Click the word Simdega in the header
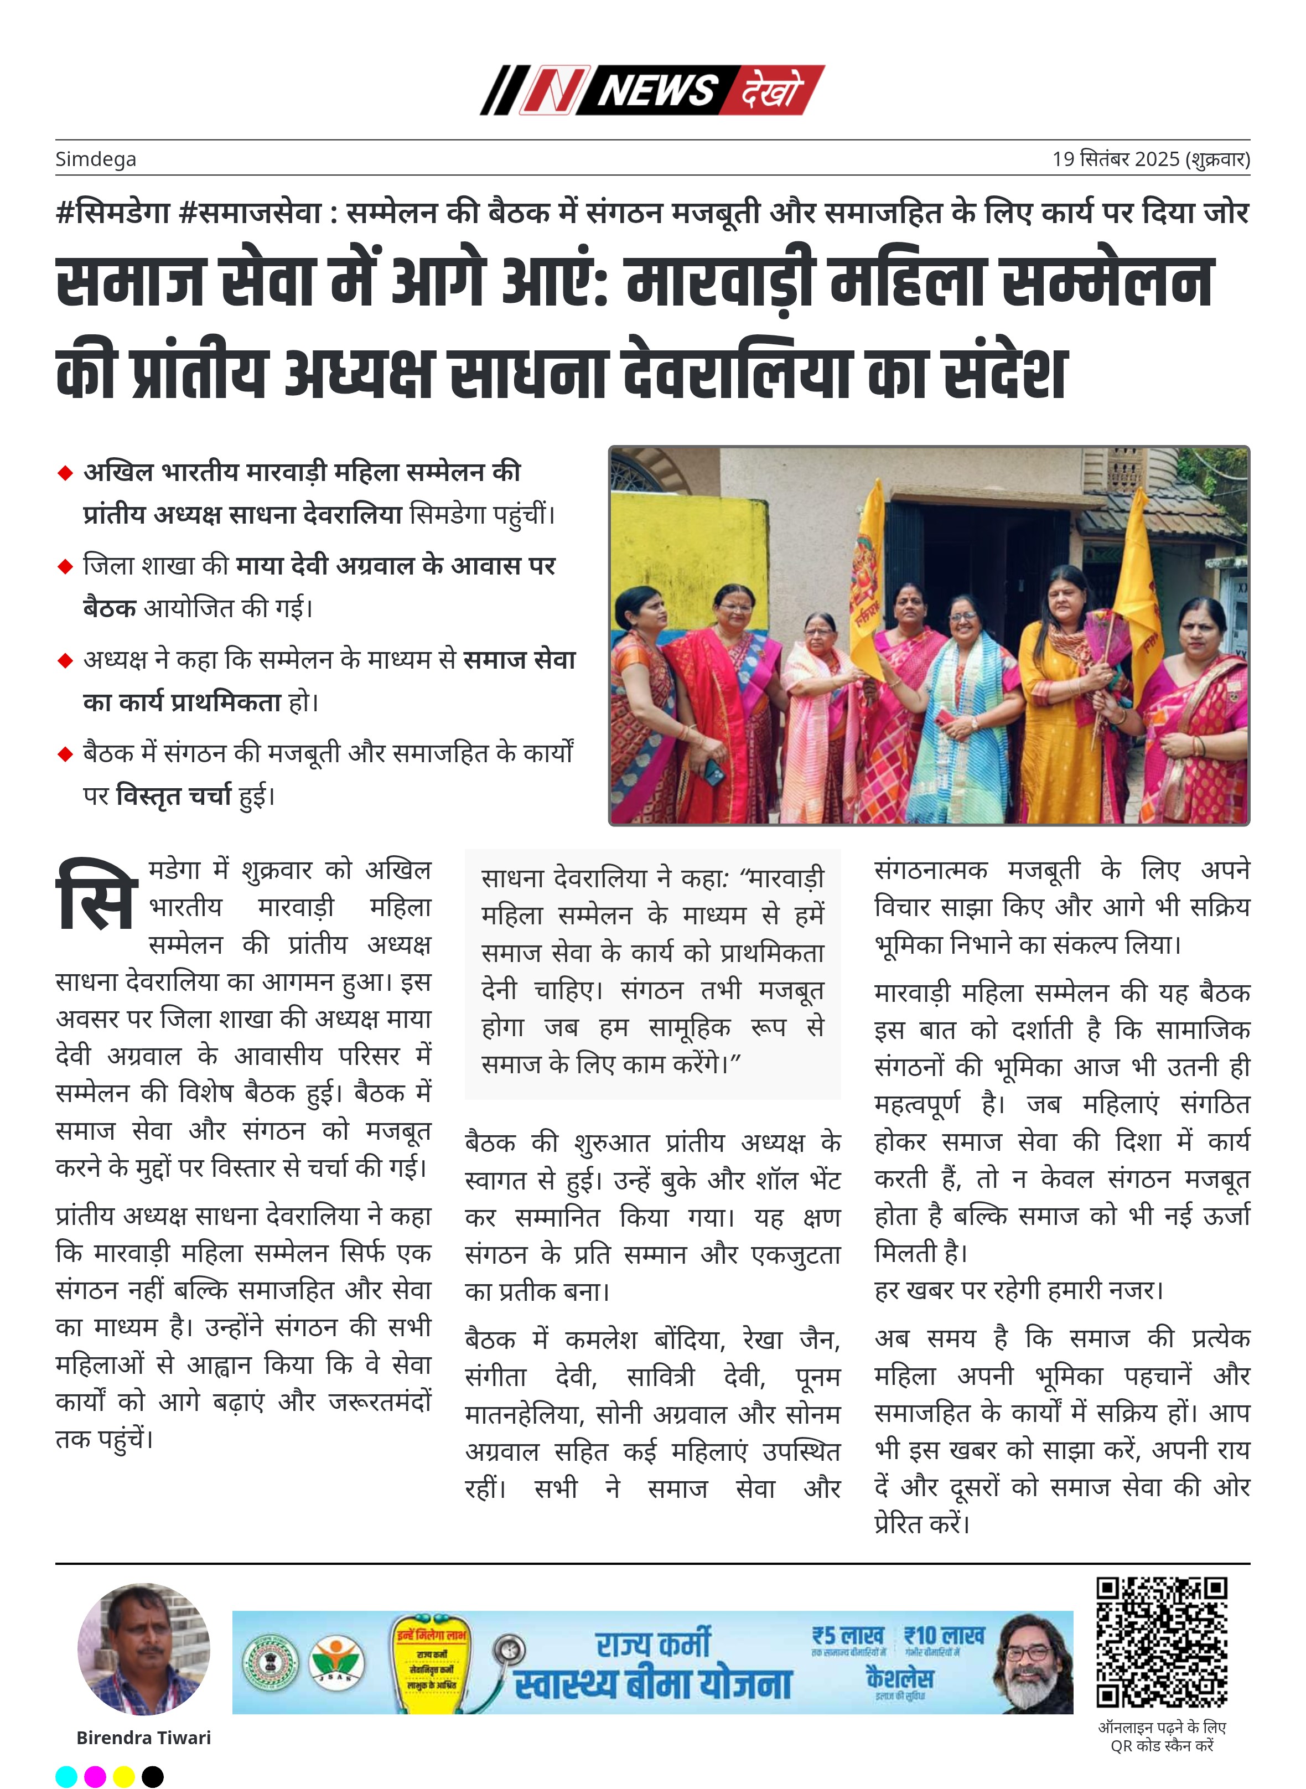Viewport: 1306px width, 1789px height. click(x=96, y=159)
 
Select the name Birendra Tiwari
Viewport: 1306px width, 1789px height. click(x=144, y=1738)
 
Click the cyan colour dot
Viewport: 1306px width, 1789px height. click(x=66, y=1776)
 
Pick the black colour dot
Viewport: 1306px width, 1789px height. click(x=153, y=1776)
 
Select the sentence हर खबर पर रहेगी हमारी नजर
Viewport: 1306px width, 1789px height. click(x=1018, y=1290)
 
